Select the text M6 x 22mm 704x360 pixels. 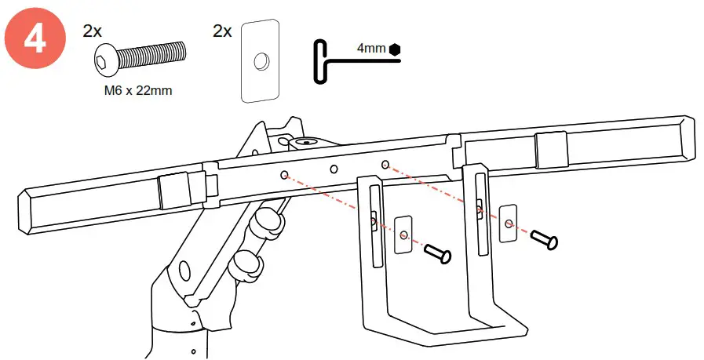tap(138, 91)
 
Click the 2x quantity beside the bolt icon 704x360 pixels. tap(92, 31)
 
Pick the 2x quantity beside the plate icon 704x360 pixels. tap(222, 31)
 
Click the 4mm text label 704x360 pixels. tap(371, 49)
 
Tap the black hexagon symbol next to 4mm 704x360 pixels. tap(394, 49)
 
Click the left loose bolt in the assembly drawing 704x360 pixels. tap(438, 253)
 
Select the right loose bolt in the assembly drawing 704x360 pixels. tap(543, 239)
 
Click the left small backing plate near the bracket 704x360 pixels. tap(403, 235)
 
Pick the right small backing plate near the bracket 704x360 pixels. tap(509, 223)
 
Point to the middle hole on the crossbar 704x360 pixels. tap(334, 168)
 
